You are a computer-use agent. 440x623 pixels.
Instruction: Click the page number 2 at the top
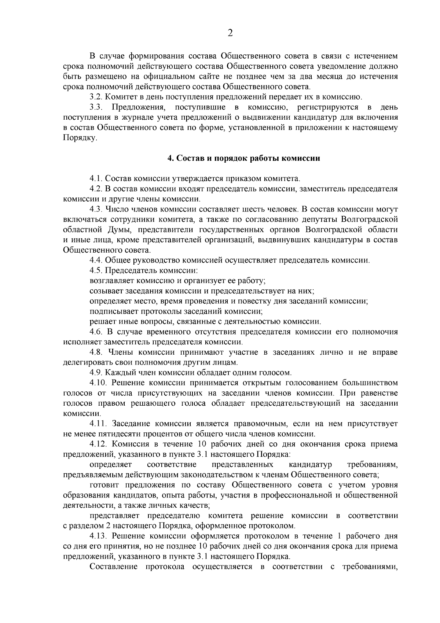point(230,33)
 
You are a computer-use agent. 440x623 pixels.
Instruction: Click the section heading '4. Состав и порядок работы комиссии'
point(243,158)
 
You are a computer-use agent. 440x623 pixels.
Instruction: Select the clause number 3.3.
point(98,108)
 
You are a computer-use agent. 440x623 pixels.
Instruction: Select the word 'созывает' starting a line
point(106,291)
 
